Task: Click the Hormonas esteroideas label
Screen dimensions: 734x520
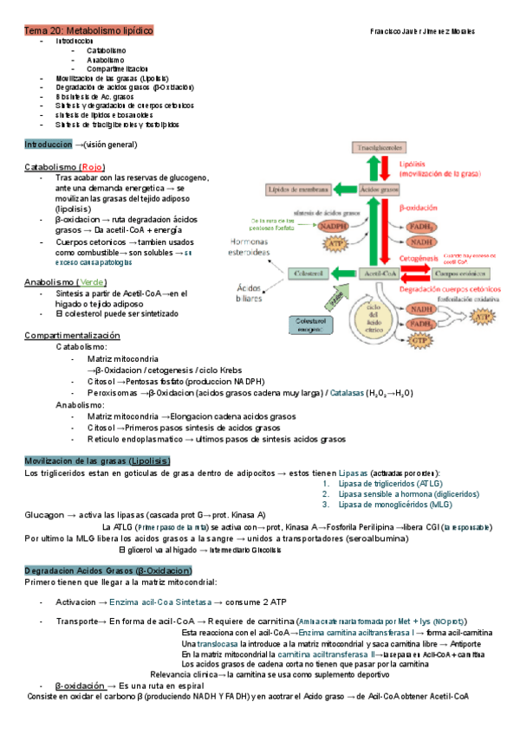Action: pyautogui.click(x=253, y=247)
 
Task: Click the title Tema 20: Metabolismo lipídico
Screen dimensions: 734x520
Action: pyautogui.click(x=88, y=31)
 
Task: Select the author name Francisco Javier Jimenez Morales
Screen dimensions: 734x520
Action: pyautogui.click(x=422, y=31)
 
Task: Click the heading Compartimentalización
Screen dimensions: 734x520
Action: pyautogui.click(x=72, y=335)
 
